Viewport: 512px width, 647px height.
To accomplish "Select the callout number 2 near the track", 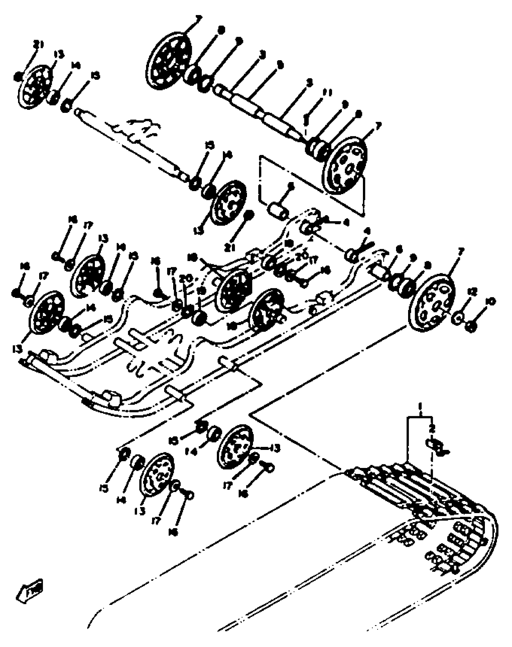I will tap(432, 430).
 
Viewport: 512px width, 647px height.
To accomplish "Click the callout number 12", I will tap(472, 292).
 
